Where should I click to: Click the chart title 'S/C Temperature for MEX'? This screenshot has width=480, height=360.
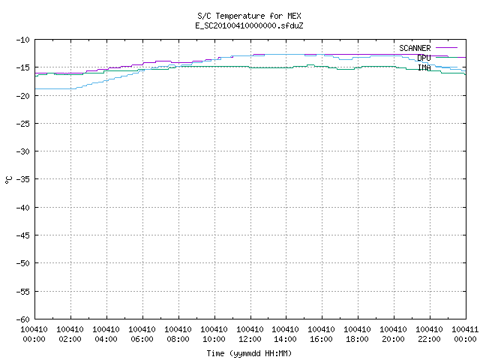tap(249, 16)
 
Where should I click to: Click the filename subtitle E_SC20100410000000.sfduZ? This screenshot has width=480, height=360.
tap(249, 25)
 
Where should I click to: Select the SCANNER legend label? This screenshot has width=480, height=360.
tap(415, 48)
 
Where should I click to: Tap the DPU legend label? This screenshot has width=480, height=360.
tap(424, 58)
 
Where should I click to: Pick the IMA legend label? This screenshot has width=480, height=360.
tap(424, 67)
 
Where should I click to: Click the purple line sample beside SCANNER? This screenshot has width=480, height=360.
tap(446, 48)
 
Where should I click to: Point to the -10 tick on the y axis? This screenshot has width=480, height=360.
tap(23, 40)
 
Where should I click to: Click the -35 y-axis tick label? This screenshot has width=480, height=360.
tap(23, 179)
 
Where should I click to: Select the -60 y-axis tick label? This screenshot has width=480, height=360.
tap(23, 319)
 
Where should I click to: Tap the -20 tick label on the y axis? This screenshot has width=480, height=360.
tap(23, 96)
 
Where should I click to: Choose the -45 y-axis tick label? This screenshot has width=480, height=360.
tap(23, 235)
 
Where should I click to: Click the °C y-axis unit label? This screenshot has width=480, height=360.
tap(8, 180)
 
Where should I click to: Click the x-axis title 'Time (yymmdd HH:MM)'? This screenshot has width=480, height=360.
tap(249, 353)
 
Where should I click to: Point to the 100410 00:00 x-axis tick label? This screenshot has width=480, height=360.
tap(34, 334)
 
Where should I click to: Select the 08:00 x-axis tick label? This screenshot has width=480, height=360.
tap(178, 339)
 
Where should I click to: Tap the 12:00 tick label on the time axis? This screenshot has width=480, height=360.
tap(250, 339)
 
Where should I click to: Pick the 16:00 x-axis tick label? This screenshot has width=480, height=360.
tap(321, 339)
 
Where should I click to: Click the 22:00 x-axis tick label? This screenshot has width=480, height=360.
tap(429, 339)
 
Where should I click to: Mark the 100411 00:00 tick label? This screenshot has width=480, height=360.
tap(465, 334)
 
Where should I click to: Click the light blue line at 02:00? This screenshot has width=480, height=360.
tap(70, 88)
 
